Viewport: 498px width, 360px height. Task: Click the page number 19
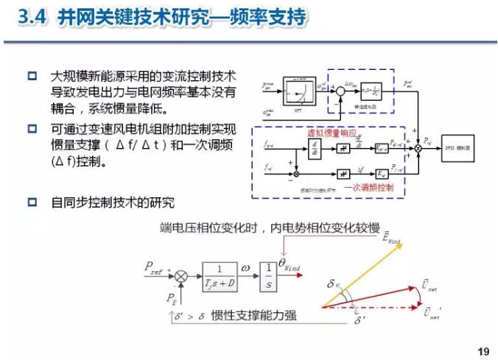click(x=483, y=350)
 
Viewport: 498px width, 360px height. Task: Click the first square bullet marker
click(x=32, y=76)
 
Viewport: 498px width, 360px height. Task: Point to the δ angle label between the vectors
click(x=332, y=284)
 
